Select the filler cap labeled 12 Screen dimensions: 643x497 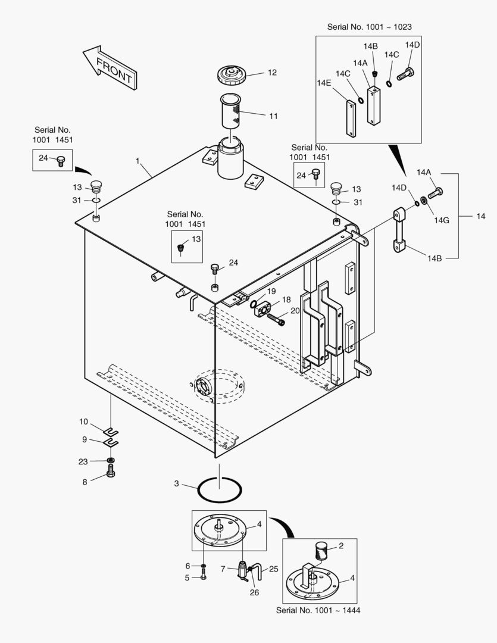pyautogui.click(x=233, y=76)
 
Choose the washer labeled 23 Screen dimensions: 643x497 pyautogui.click(x=111, y=461)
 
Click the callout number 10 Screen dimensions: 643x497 pyautogui.click(x=83, y=422)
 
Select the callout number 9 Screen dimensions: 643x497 pyautogui.click(x=85, y=439)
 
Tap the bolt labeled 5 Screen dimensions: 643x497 pyautogui.click(x=204, y=576)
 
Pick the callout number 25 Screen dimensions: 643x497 pyautogui.click(x=273, y=569)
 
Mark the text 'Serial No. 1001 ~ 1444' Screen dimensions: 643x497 pyautogui.click(x=318, y=610)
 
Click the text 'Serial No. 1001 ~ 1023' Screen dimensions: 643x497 pyautogui.click(x=369, y=27)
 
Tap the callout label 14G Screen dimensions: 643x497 pyautogui.click(x=441, y=220)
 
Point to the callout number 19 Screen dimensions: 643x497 pyautogui.click(x=271, y=291)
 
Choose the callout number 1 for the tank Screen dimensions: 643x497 pyautogui.click(x=137, y=161)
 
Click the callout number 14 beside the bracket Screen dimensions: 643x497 pyautogui.click(x=480, y=216)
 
